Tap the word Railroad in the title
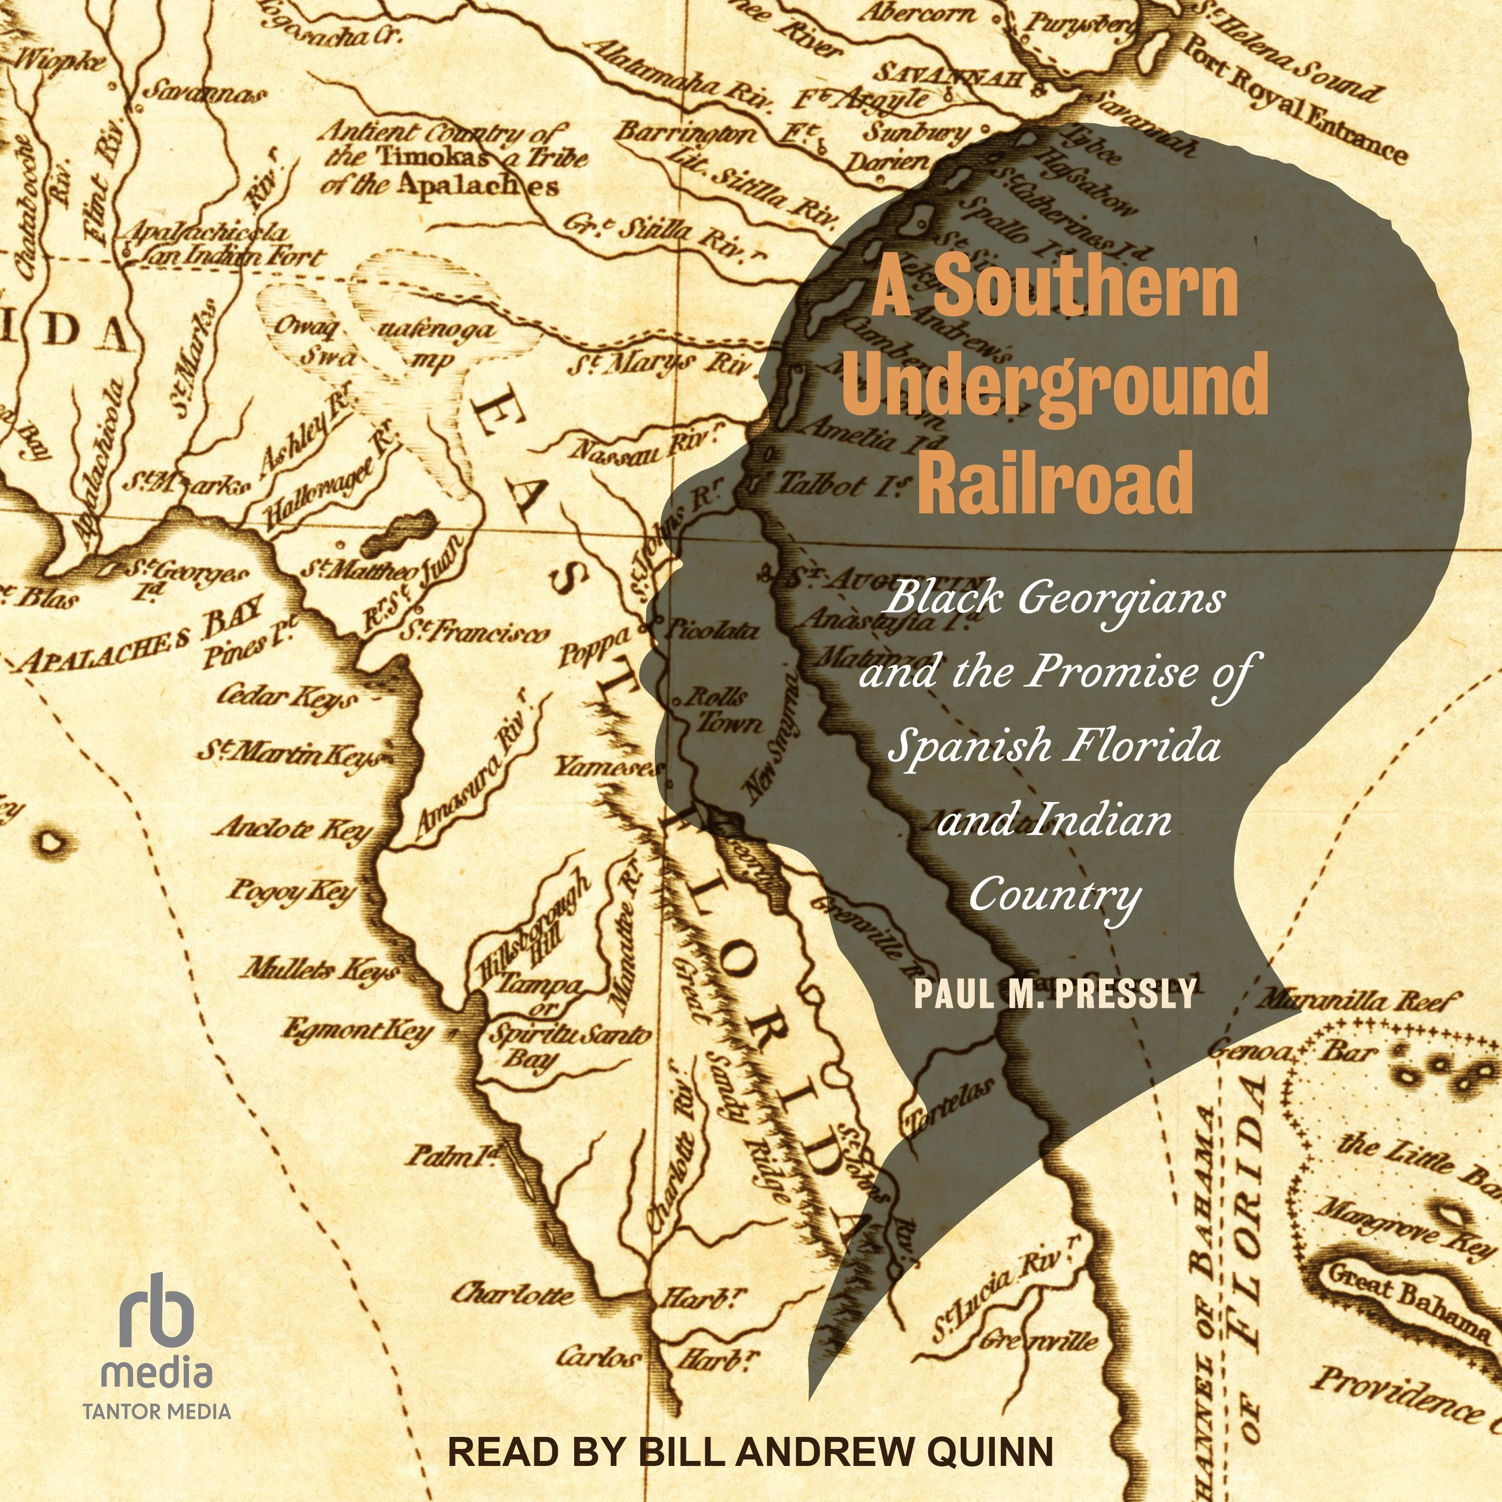(x=1055, y=481)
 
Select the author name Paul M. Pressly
(x=1055, y=993)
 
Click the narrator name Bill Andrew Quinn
(x=844, y=1451)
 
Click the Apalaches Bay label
(x=143, y=637)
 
